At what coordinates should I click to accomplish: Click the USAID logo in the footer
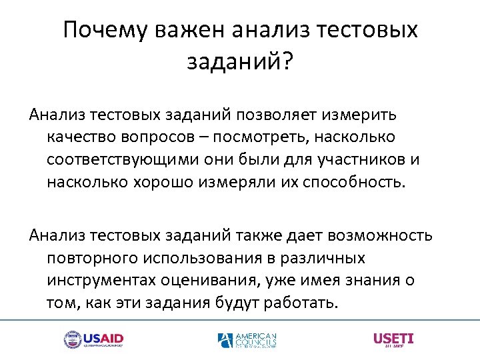coord(93,339)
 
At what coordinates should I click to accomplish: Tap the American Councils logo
coord(247,340)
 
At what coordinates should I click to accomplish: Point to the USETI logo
coord(393,339)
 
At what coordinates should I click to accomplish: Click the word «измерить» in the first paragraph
coord(363,114)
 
